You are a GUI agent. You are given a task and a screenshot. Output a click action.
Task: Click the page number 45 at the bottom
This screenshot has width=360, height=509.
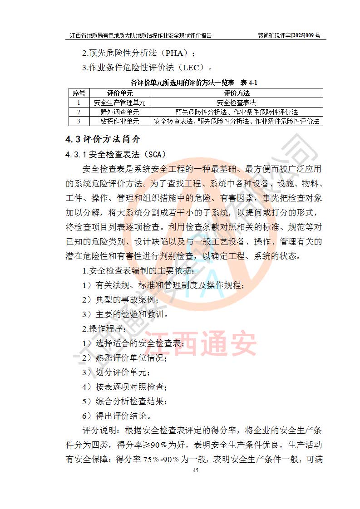[x=196, y=470]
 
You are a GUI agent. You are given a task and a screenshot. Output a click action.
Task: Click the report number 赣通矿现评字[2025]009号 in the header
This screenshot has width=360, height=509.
[x=289, y=35]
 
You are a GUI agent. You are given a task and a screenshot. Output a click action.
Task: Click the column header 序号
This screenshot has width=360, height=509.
[x=79, y=93]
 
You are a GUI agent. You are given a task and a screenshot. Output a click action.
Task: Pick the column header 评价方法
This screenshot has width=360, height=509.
[x=237, y=93]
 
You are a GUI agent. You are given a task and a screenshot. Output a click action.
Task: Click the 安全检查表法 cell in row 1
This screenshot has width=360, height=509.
[x=237, y=103]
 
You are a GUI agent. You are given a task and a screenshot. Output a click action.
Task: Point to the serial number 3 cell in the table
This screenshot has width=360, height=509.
[x=79, y=121]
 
